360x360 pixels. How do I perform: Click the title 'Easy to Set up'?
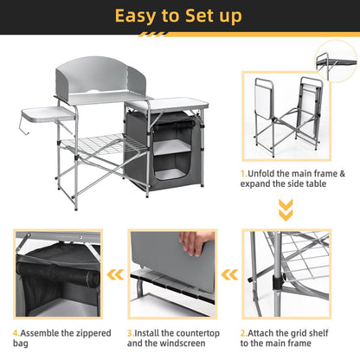pos(179,16)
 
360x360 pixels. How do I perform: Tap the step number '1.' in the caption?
pos(245,173)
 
